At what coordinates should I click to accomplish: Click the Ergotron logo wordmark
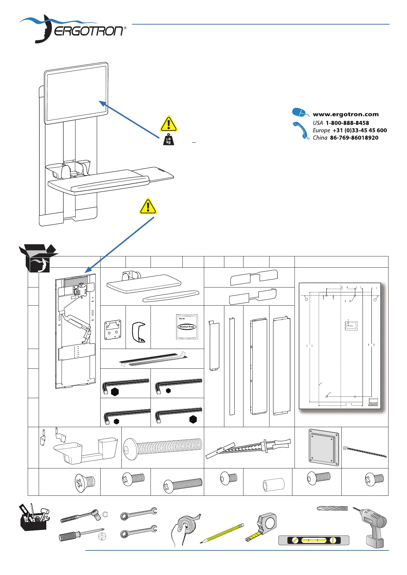pos(90,31)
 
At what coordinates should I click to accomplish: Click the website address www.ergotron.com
pos(345,114)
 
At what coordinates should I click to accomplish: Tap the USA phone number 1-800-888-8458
pos(347,123)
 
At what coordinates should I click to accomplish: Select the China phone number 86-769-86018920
pos(354,138)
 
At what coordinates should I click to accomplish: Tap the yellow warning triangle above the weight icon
pos(168,124)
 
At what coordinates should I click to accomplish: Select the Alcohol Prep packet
pos(187,327)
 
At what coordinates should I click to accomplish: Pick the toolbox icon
pos(34,517)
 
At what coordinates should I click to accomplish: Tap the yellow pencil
pos(222,533)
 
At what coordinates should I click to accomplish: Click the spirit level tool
pos(314,540)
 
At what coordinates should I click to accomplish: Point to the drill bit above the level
pos(332,508)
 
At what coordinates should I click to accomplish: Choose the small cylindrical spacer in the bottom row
pos(274,485)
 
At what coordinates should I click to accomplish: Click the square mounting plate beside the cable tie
pos(324,447)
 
